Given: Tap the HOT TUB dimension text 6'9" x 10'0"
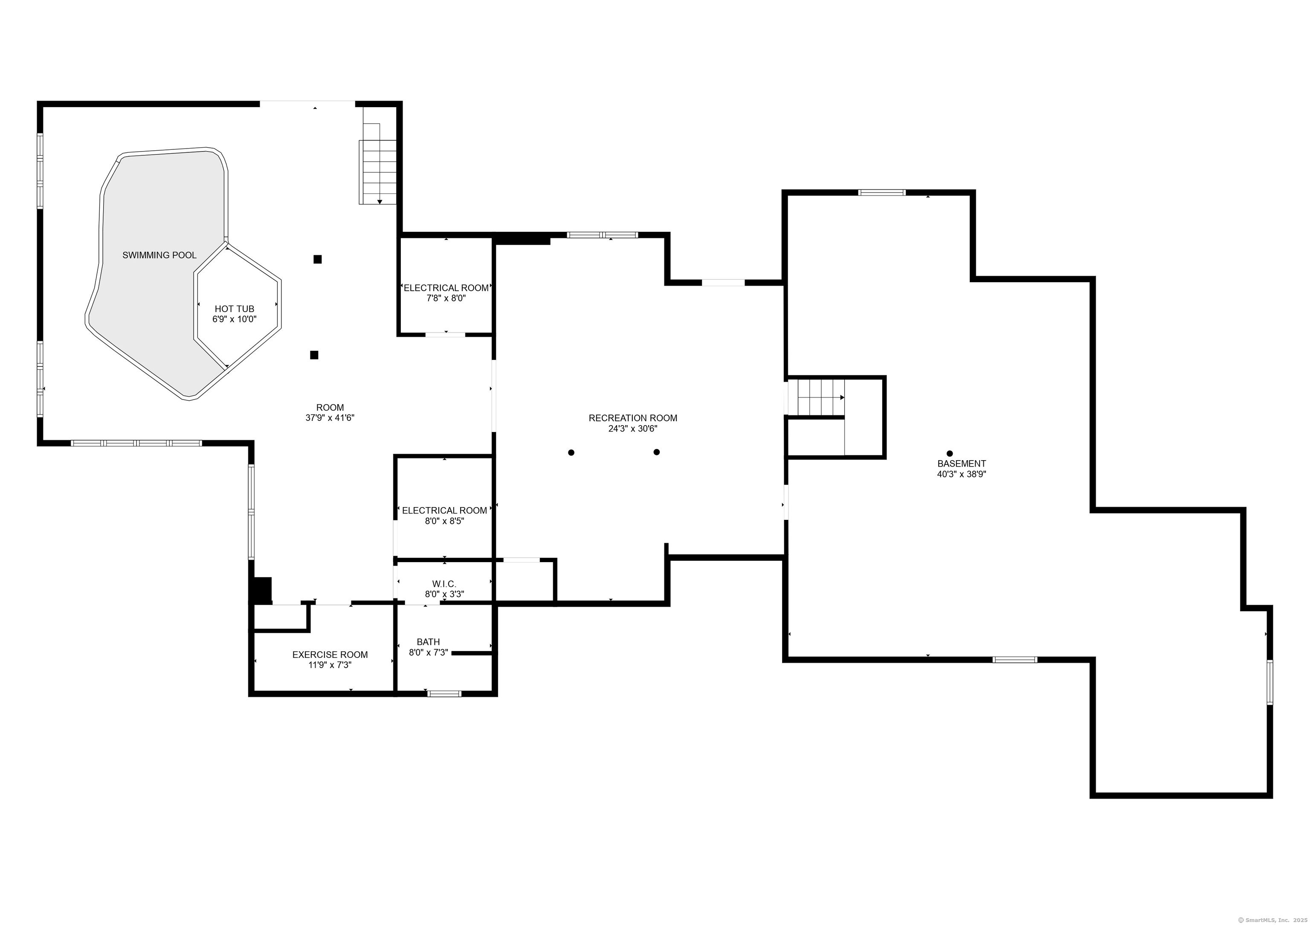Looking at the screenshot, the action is click(x=235, y=319).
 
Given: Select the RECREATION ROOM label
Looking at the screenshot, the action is click(x=633, y=418).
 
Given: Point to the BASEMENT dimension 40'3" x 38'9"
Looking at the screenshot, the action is click(x=961, y=474).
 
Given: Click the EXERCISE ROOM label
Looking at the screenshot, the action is click(x=330, y=654).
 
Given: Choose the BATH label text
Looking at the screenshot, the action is click(x=428, y=642).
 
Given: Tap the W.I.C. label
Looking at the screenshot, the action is click(x=444, y=584).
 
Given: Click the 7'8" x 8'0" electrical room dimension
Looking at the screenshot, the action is click(x=446, y=298).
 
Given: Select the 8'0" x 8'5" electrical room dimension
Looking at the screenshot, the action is click(x=444, y=521).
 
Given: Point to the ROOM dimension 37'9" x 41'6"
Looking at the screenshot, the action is click(x=330, y=418).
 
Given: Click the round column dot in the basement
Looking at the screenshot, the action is click(x=949, y=453).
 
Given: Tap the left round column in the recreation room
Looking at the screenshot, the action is click(x=571, y=452).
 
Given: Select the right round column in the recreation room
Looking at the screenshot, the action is click(x=657, y=452).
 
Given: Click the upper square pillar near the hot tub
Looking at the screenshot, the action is click(x=318, y=259).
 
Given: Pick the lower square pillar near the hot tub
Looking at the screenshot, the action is click(x=314, y=355).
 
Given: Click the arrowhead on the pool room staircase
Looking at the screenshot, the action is click(x=380, y=201).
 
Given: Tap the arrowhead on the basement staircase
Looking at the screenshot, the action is click(x=842, y=397).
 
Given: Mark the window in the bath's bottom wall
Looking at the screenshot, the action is click(x=444, y=693).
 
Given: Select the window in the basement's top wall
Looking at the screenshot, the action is click(x=882, y=193).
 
